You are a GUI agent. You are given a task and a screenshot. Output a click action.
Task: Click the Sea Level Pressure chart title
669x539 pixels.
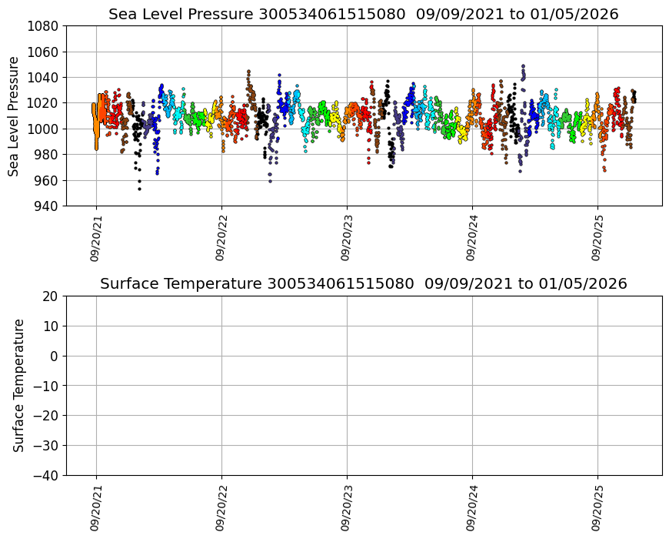363,15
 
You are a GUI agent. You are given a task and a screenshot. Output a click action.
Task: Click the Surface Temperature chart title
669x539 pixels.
363,284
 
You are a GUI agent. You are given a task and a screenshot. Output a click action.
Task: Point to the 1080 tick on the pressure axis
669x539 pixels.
45,26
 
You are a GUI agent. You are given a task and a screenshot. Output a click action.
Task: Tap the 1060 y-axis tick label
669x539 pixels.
45,52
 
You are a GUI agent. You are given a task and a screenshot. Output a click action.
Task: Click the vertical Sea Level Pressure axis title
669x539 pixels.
14,115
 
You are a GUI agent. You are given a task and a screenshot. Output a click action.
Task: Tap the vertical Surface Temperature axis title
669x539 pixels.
19,385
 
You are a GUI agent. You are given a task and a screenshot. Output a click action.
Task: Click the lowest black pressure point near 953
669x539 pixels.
139,189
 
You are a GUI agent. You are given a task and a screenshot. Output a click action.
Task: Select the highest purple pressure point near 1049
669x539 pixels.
523,66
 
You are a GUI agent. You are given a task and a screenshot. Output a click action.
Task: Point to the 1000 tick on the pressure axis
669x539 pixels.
45,129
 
